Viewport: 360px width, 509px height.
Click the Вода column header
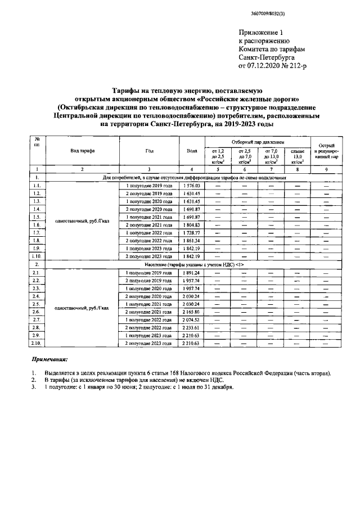(x=192, y=152)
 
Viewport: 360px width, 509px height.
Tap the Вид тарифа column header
(x=82, y=152)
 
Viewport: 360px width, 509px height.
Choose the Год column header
(x=148, y=152)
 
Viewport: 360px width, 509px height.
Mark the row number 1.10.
(x=37, y=256)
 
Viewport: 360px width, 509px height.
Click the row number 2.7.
(x=37, y=319)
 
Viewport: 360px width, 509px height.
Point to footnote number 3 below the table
(x=34, y=386)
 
